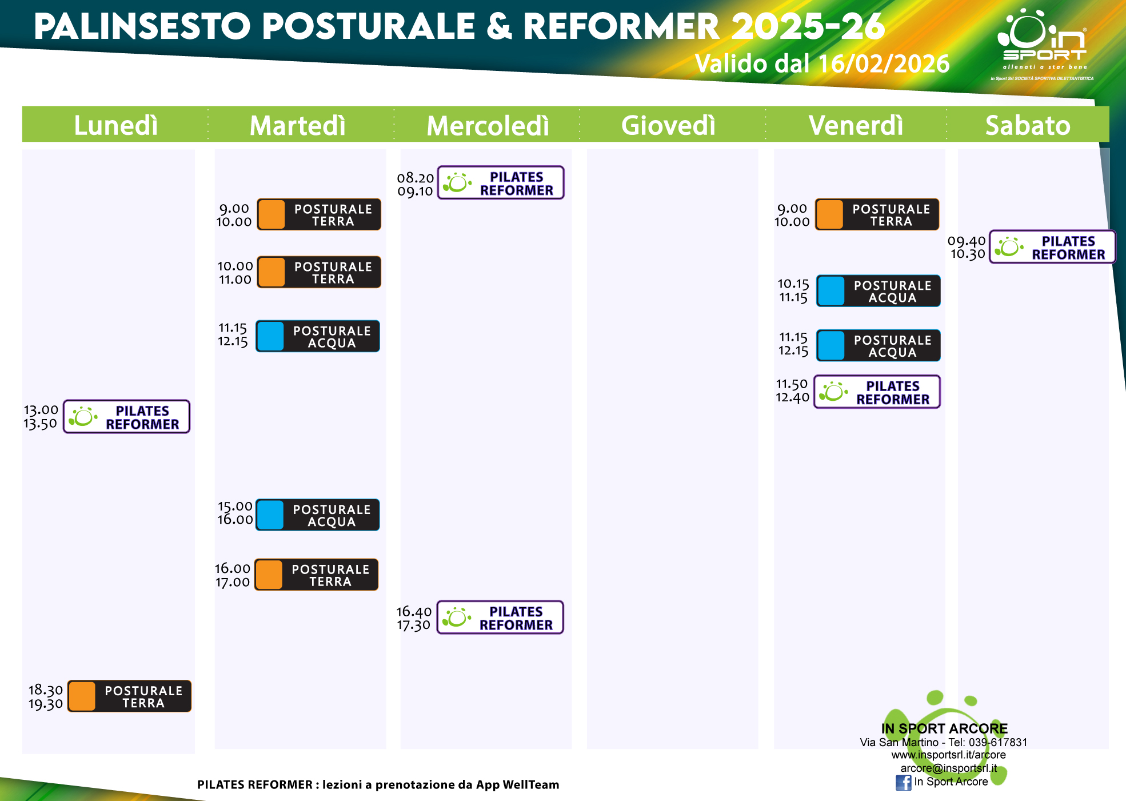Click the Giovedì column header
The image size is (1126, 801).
668,125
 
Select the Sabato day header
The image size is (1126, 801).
1028,125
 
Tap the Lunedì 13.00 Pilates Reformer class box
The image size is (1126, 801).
126,417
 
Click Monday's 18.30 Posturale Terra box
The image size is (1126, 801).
129,696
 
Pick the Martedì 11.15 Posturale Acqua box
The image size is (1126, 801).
318,336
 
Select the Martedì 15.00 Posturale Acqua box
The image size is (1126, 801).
318,515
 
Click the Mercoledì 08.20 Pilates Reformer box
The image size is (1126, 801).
501,182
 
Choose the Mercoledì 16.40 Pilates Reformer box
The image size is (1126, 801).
500,617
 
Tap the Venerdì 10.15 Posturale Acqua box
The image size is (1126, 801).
879,291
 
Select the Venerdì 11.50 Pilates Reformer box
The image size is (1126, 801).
877,392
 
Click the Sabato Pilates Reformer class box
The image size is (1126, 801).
1052,247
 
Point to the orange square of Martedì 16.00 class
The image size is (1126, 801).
269,575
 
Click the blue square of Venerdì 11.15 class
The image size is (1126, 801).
831,345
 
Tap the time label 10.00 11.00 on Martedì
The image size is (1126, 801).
235,273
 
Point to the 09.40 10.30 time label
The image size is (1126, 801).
967,247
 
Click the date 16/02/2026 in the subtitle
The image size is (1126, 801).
884,63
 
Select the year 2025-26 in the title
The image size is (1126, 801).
808,26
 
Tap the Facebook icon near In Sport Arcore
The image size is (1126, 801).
904,783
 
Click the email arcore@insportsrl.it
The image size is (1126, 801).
949,768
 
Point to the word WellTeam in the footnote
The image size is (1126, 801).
531,784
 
